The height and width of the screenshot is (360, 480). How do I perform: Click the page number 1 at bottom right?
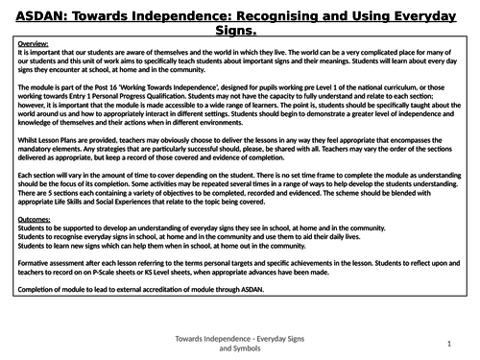[x=448, y=341]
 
